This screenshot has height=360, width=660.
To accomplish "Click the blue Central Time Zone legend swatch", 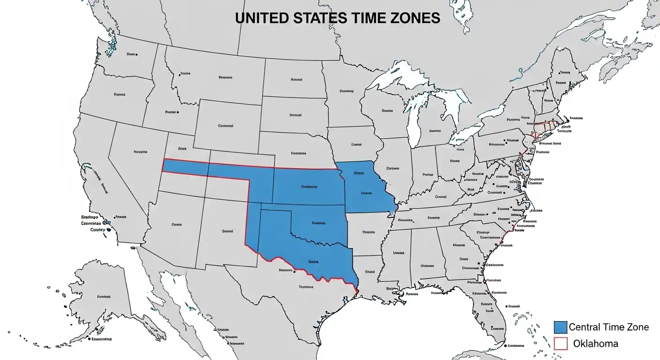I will click(561, 327).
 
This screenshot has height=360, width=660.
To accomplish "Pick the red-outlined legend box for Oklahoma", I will click(561, 344).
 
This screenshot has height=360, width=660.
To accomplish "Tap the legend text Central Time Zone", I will click(609, 327).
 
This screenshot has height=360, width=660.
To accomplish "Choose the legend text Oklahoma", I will click(595, 344).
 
